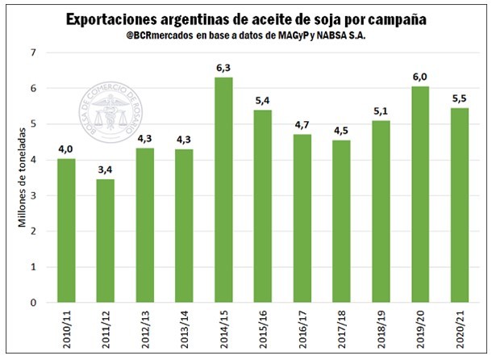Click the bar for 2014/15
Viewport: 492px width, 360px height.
(x=223, y=190)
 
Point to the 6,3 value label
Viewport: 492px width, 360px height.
(x=223, y=69)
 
